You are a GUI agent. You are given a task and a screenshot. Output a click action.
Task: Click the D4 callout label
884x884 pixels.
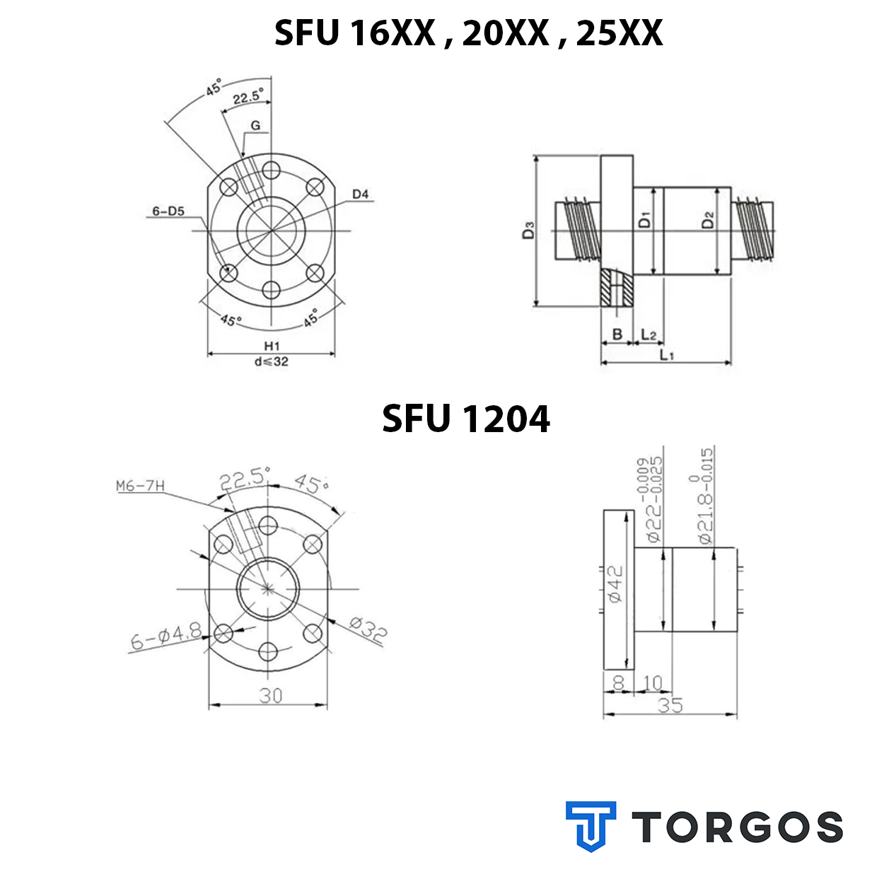(x=360, y=194)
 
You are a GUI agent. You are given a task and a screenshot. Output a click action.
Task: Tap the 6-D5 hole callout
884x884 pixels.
(x=168, y=211)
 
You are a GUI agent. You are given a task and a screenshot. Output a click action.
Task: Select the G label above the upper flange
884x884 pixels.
(x=255, y=125)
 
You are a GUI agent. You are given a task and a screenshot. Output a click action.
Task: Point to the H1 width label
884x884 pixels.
(x=272, y=345)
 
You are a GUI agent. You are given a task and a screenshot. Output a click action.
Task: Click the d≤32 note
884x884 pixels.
(x=272, y=361)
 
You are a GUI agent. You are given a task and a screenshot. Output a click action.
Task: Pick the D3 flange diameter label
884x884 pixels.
(x=528, y=230)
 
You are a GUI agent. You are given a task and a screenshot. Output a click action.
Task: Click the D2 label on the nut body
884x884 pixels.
(x=708, y=220)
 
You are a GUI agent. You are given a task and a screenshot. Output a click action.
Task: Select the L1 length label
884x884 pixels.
(x=667, y=354)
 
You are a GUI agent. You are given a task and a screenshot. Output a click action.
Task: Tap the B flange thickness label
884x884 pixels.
(x=617, y=334)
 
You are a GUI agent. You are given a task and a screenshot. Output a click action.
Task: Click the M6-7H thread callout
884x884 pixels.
(x=140, y=486)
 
